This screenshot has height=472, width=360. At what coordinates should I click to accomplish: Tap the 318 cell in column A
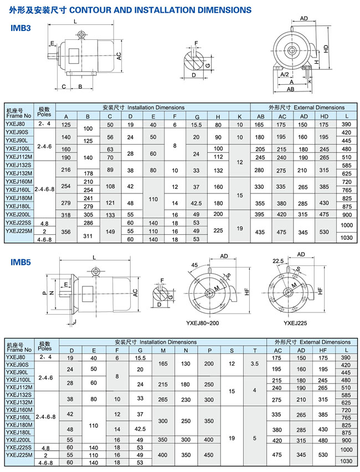[x=66, y=214]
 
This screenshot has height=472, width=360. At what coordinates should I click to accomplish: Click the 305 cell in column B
[x=88, y=214]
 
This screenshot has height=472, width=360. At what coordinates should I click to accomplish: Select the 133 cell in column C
[x=110, y=214]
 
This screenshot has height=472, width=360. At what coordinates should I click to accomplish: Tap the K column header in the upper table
[x=239, y=116]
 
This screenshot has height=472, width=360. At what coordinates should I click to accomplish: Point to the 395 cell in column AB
[x=260, y=214]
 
